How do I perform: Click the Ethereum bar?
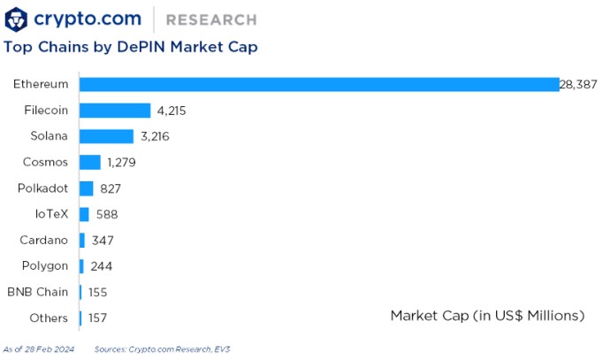tap(318, 84)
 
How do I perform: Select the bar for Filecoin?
tap(115, 111)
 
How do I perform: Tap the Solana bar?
tap(106, 136)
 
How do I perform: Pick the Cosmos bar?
tap(90, 163)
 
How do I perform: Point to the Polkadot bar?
tap(86, 188)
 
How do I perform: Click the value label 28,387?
tap(578, 84)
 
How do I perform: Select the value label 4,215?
tap(171, 111)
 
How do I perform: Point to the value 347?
tap(103, 240)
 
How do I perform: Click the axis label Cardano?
tap(43, 240)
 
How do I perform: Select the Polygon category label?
tap(43, 265)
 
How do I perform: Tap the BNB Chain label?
tap(37, 292)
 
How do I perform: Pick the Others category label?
tap(49, 318)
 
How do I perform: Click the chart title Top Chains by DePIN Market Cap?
tap(131, 46)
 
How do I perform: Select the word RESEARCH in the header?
tap(211, 19)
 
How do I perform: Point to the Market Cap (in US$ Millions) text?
tap(487, 315)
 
